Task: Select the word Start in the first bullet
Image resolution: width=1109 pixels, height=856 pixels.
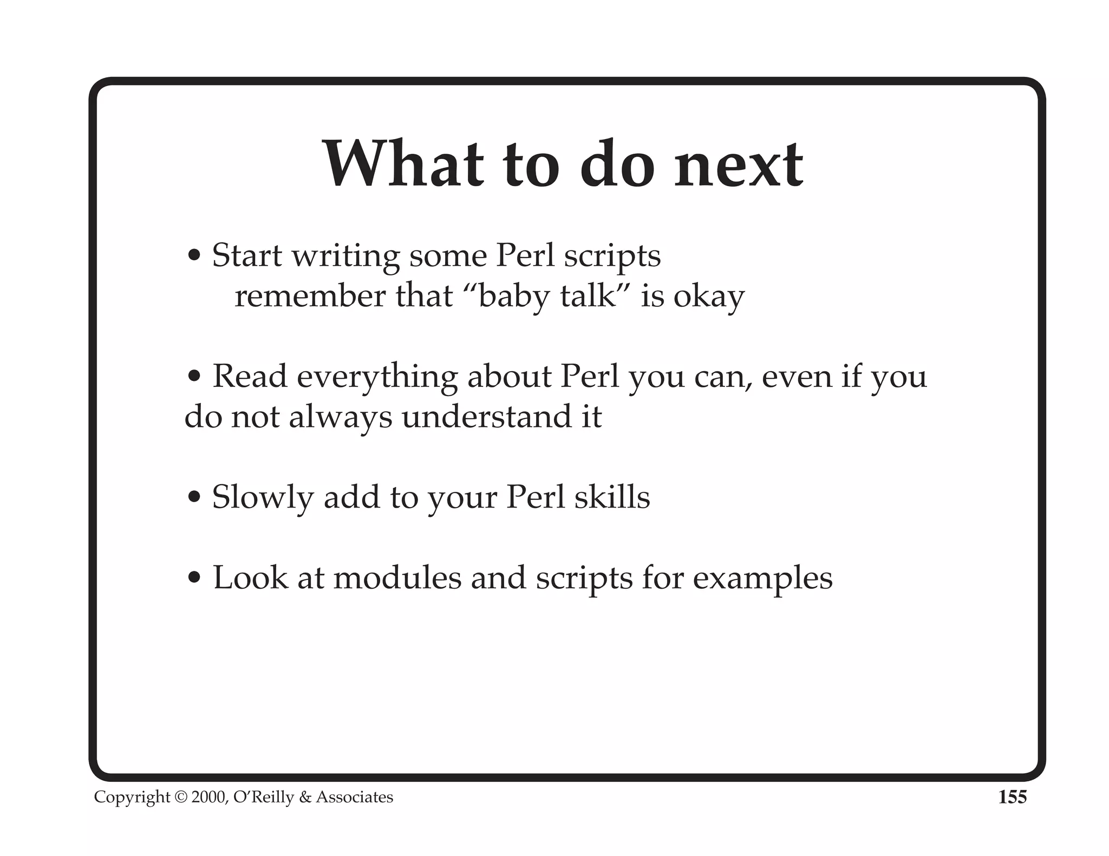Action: click(x=247, y=255)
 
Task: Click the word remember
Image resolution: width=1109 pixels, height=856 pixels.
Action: click(x=309, y=297)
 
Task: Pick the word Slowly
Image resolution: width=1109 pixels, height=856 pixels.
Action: click(x=263, y=498)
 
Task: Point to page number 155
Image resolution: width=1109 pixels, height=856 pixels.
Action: click(x=1012, y=797)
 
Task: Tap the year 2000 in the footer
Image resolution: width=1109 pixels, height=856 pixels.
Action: click(x=209, y=798)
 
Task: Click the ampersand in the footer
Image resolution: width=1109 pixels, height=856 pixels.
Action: click(x=305, y=798)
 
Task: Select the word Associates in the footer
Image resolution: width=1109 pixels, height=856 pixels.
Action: click(x=355, y=798)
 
